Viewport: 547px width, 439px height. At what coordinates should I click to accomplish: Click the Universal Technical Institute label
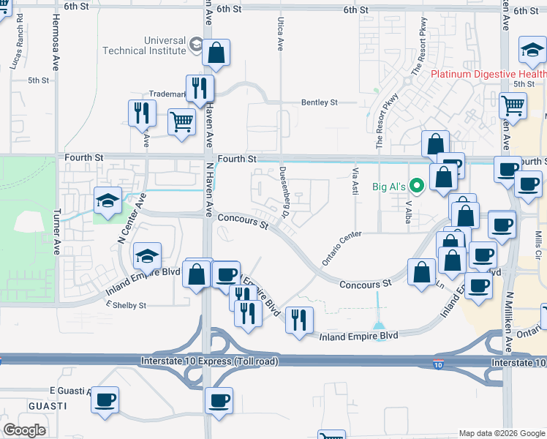pos(144,45)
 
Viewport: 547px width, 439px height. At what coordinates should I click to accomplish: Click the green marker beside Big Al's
pos(417,186)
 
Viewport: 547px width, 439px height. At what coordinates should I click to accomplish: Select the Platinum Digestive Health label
pos(488,74)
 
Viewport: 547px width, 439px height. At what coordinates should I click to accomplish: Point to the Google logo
pos(24,430)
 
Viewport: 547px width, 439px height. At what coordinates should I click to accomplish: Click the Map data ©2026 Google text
pos(501,433)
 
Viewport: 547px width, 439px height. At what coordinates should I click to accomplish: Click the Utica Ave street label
pos(280,34)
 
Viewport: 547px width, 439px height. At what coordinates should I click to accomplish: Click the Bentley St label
pos(320,102)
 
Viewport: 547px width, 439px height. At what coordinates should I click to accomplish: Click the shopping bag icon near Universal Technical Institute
pos(216,53)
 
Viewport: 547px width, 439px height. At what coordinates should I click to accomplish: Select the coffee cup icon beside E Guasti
pos(105,399)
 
